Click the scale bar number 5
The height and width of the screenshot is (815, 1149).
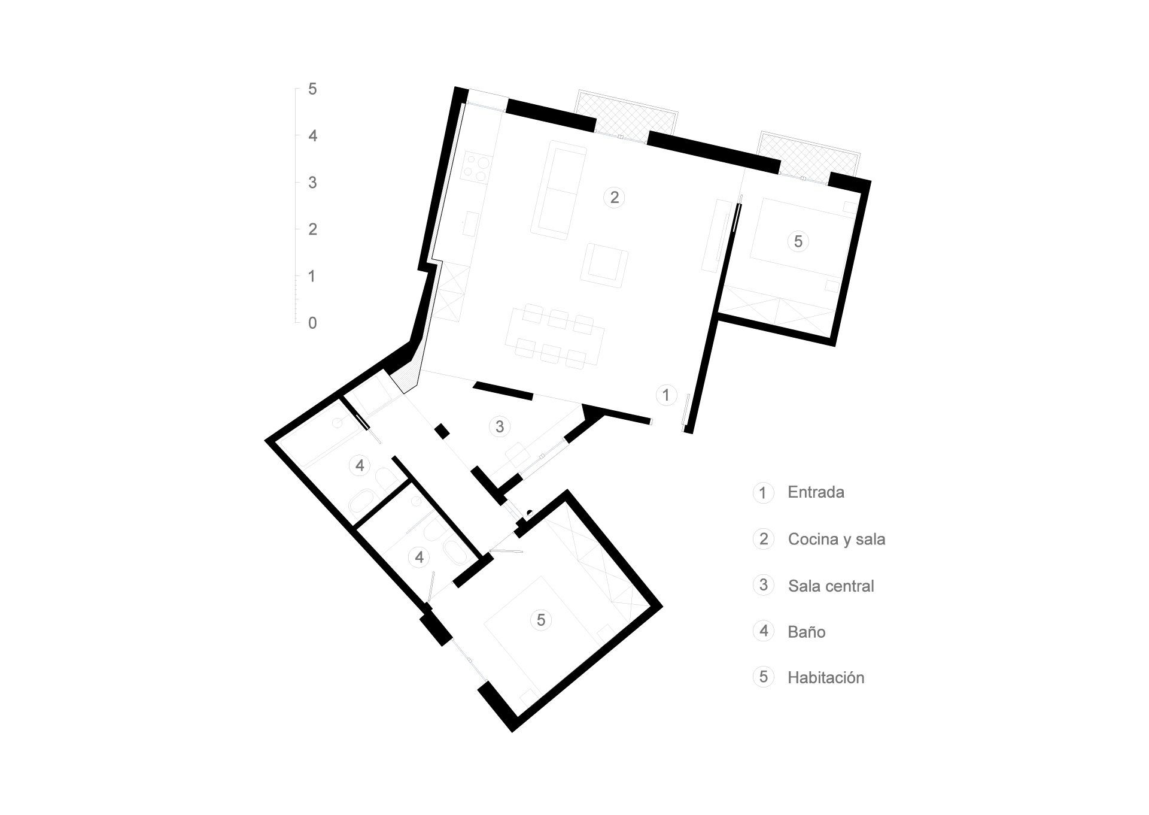[x=312, y=89]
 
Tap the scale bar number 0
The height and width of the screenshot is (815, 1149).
[x=312, y=323]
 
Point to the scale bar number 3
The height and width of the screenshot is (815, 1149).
[x=312, y=183]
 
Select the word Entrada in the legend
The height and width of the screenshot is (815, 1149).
[x=816, y=492]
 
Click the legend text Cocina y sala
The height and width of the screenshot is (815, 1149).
[x=836, y=539]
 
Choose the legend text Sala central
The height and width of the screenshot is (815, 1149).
[x=831, y=586]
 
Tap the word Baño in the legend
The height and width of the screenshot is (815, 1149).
[x=806, y=632]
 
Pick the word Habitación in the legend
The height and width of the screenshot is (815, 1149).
[x=826, y=677]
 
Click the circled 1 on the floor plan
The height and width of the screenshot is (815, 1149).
[x=666, y=395]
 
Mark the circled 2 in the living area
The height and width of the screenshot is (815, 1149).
[x=614, y=197]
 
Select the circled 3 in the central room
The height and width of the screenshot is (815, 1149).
[x=500, y=426]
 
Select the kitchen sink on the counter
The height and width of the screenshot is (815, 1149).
[x=471, y=223]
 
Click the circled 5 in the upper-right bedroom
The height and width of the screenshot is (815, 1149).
[x=798, y=241]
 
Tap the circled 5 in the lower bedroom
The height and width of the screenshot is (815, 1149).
[x=541, y=620]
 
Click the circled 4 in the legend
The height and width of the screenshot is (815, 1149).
[x=764, y=631]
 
